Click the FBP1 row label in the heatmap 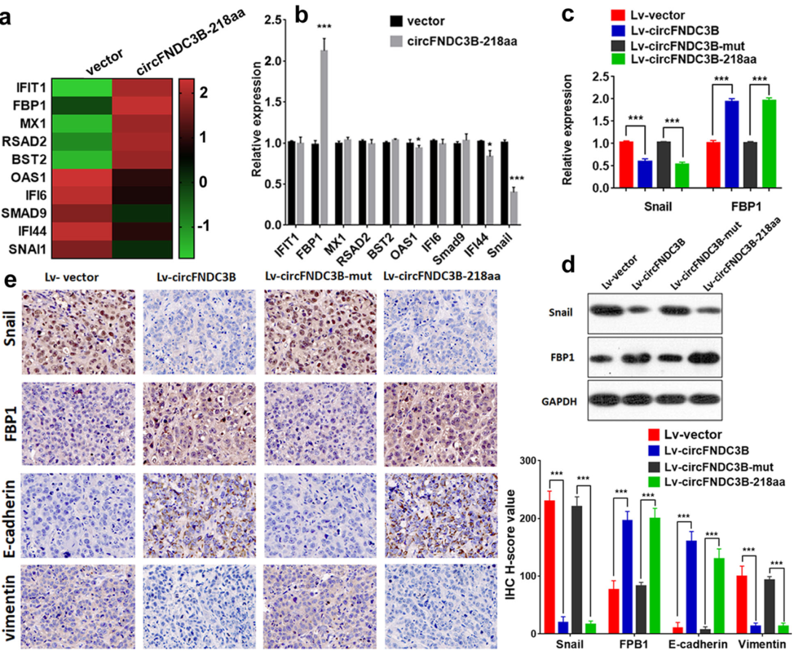(x=29, y=105)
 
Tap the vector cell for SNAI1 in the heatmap (x=81, y=249)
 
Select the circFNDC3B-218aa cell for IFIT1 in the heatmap (x=142, y=87)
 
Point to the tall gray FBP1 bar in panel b (x=324, y=137)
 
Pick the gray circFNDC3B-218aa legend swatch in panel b (x=396, y=41)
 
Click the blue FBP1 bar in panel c (x=731, y=144)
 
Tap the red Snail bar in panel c (x=626, y=164)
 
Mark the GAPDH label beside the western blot (x=559, y=401)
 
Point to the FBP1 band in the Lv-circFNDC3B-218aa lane (x=705, y=358)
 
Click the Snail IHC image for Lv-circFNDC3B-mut (x=320, y=332)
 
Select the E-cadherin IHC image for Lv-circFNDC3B (x=199, y=515)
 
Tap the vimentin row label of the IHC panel (x=10, y=608)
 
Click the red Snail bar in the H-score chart (x=550, y=567)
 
